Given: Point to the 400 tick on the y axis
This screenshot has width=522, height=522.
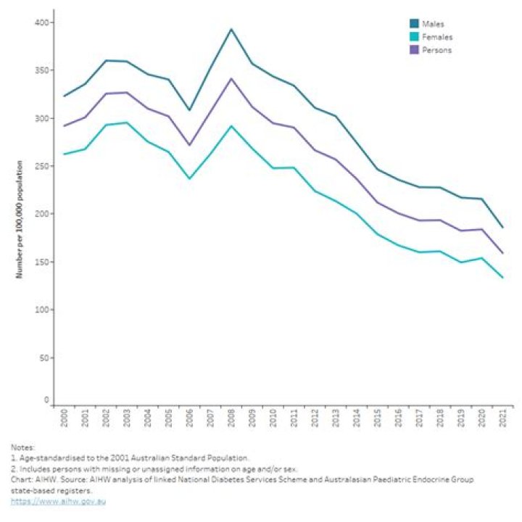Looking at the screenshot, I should coord(42,23).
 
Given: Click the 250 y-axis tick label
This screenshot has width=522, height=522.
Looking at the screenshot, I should coord(42,167).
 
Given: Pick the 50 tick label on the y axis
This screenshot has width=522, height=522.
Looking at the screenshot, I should coord(44,358).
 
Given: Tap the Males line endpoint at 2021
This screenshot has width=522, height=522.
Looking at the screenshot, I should coord(502,228).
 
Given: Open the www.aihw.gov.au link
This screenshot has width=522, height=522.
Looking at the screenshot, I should coord(57,502).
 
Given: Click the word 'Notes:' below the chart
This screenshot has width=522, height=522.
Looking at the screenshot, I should coord(21,447).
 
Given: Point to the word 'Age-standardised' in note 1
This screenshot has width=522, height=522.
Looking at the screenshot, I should coord(42,458).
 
